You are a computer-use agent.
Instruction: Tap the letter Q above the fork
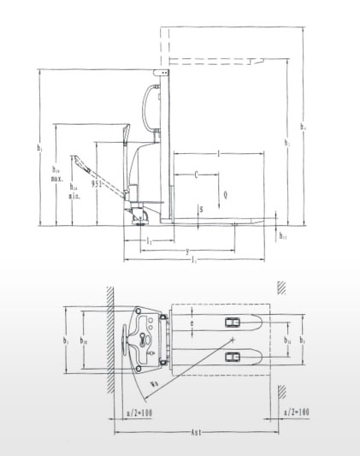(x=225, y=195)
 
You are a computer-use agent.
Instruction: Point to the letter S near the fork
(x=201, y=209)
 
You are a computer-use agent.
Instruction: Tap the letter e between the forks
(x=192, y=324)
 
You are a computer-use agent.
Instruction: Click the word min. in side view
(x=74, y=195)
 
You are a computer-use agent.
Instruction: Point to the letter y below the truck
(x=186, y=250)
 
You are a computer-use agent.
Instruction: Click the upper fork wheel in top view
(x=232, y=322)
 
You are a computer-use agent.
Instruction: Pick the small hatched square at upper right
(x=280, y=288)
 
